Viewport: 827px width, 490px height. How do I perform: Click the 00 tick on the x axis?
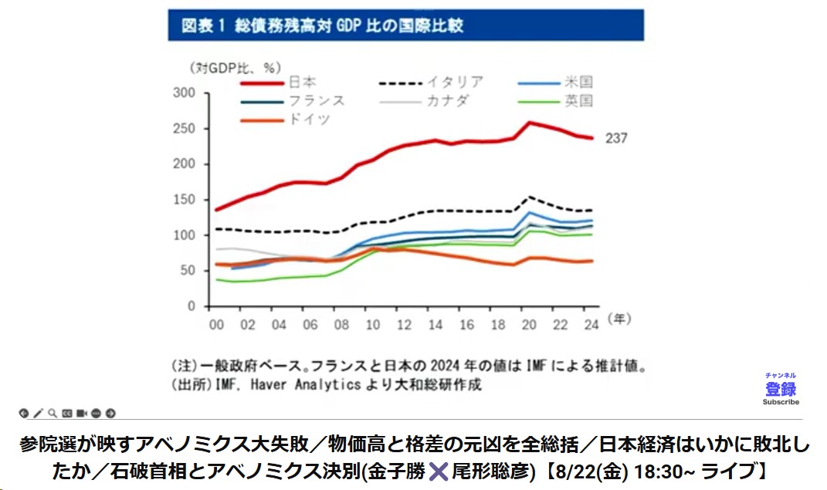tap(217, 325)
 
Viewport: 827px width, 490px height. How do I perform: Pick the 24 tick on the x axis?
tap(591, 325)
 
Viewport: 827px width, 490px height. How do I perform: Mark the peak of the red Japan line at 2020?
tap(530, 122)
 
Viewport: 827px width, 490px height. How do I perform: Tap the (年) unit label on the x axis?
tap(619, 318)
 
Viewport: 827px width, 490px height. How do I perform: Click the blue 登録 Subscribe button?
tap(781, 390)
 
